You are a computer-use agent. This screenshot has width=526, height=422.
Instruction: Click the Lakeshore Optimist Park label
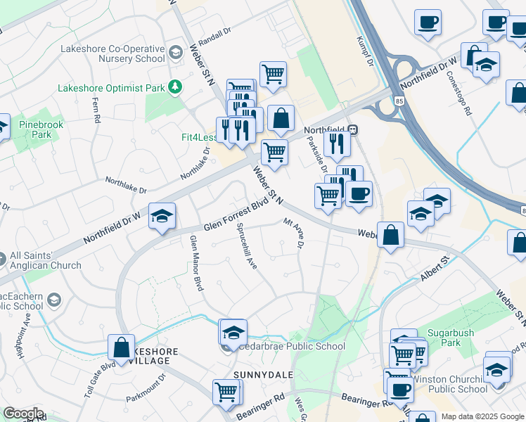coord(111,89)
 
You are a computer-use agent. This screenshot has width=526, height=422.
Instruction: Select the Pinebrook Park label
coord(36,129)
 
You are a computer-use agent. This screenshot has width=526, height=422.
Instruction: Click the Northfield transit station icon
coord(352,130)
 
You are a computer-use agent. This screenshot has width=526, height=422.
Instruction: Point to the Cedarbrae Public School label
coord(290,346)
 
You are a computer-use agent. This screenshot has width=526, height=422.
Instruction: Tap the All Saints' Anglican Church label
coord(46,261)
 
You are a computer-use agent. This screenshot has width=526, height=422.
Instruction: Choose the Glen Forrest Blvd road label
coord(237,215)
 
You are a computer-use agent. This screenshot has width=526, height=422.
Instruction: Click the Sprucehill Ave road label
coord(247,246)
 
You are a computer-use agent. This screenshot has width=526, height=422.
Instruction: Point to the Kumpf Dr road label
coord(364,53)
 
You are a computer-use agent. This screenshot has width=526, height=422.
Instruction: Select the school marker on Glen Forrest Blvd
coord(162,216)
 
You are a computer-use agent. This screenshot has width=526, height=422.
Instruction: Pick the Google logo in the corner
coord(23,414)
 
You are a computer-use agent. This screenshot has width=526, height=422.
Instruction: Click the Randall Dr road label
coord(215,33)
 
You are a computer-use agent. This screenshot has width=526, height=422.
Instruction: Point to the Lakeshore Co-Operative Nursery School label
coord(113,54)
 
